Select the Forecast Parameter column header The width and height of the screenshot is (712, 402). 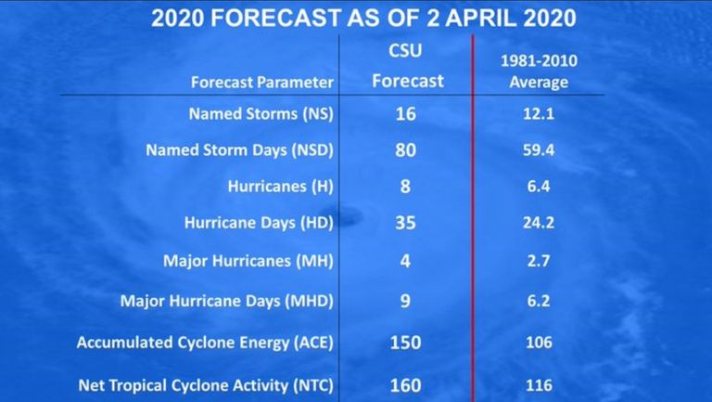tap(262, 83)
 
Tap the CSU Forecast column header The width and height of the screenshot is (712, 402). tap(407, 66)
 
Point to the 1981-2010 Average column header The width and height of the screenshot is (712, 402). tap(539, 71)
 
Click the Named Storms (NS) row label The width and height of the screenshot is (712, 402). tap(261, 113)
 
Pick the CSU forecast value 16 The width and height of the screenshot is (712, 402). tap(405, 113)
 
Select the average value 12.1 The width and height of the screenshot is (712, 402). tap(539, 113)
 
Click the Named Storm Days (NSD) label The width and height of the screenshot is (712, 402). tap(240, 150)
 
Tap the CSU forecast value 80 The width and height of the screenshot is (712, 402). tap(405, 150)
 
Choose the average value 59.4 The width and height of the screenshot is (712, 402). tap(539, 150)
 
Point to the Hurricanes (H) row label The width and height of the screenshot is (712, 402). tap(281, 187)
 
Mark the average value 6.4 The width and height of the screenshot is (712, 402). tap(539, 187)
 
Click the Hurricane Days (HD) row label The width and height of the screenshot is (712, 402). tap(259, 223)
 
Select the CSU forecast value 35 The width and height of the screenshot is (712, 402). tap(405, 223)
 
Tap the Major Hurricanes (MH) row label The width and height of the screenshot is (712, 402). tap(248, 261)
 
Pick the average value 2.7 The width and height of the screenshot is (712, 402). tap(539, 261)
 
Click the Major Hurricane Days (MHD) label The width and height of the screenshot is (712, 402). tap(227, 301)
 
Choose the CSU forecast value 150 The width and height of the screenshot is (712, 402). tap(405, 343)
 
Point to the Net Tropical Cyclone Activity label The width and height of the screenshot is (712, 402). tap(206, 385)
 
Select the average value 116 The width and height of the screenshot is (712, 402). tap(539, 385)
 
